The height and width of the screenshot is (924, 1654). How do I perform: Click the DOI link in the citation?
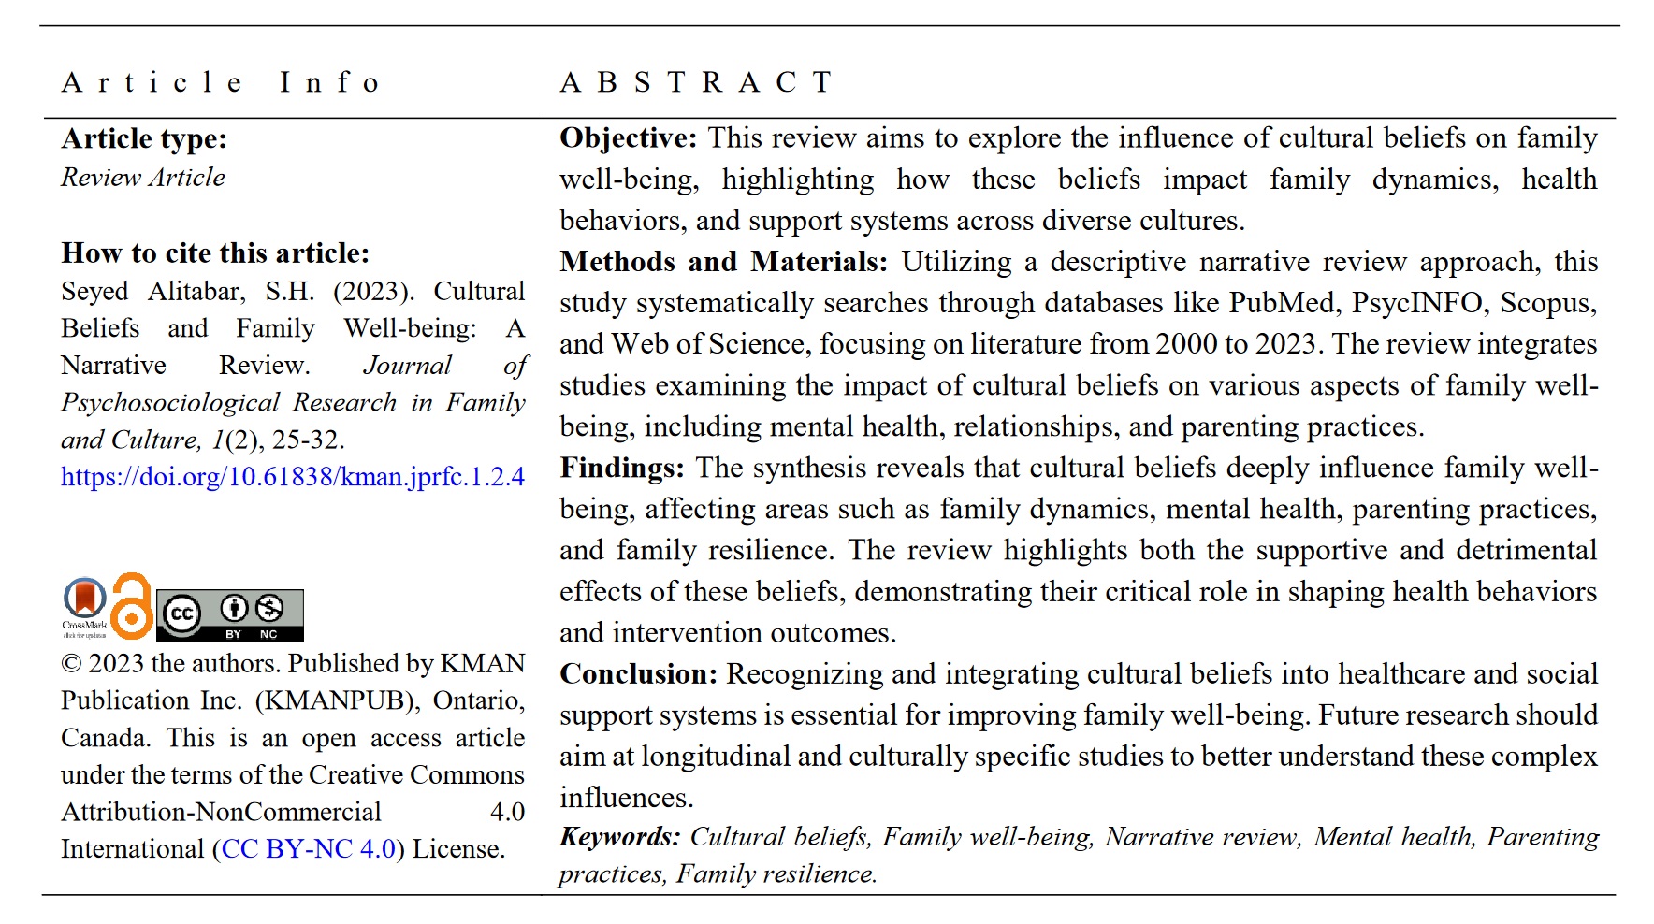click(x=292, y=477)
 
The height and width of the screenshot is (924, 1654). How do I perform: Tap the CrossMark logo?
click(x=84, y=606)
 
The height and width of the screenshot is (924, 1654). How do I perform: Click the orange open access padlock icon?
click(x=132, y=606)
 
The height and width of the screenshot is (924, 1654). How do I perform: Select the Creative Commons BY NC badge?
click(x=229, y=614)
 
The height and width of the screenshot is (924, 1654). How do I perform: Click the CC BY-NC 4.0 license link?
click(x=309, y=849)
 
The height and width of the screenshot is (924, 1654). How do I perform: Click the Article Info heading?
click(x=221, y=83)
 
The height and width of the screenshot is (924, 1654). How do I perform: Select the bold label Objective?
click(x=628, y=138)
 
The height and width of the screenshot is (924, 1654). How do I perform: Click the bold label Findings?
click(x=622, y=468)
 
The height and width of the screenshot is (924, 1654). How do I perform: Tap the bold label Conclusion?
click(x=638, y=674)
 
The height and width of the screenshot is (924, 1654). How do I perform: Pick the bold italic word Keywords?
click(x=619, y=836)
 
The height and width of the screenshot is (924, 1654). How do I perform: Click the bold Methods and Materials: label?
click(x=723, y=262)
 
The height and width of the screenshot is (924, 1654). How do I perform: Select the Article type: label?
click(x=144, y=139)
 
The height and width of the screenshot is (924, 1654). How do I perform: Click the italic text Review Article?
click(x=143, y=178)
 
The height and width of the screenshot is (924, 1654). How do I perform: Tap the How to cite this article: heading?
click(x=215, y=253)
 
